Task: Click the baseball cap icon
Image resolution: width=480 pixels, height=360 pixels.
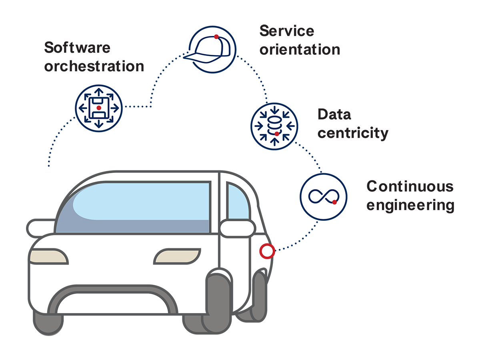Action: pos(212,50)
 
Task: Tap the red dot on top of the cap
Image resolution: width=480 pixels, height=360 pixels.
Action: pos(216,37)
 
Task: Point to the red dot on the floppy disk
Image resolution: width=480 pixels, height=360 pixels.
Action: pos(99,108)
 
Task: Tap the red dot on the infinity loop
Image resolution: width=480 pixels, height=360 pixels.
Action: pos(334,202)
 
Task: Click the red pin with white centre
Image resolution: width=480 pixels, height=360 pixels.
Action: pos(266,252)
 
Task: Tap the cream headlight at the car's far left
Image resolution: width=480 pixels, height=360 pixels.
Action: pos(48,256)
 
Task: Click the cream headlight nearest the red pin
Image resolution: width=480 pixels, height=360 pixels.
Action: pos(177,256)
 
